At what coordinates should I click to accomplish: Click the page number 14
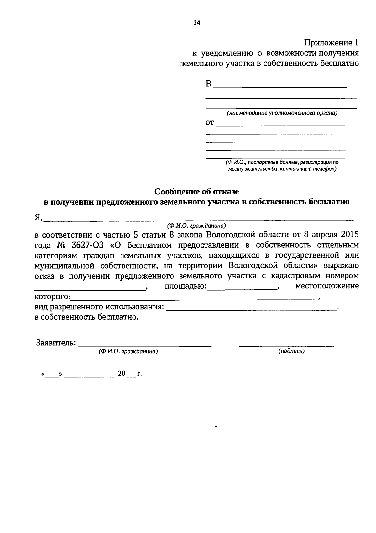196,23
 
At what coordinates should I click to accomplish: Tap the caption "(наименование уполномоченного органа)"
282,113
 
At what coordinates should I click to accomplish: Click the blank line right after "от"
281,125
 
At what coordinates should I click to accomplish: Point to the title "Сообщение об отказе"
197,191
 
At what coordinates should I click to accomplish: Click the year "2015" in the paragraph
349,235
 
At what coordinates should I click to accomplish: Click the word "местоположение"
327,286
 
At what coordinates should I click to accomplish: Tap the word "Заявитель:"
56,343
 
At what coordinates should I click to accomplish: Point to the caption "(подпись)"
291,351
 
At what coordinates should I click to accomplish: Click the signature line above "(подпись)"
286,345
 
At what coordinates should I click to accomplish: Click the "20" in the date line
122,374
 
